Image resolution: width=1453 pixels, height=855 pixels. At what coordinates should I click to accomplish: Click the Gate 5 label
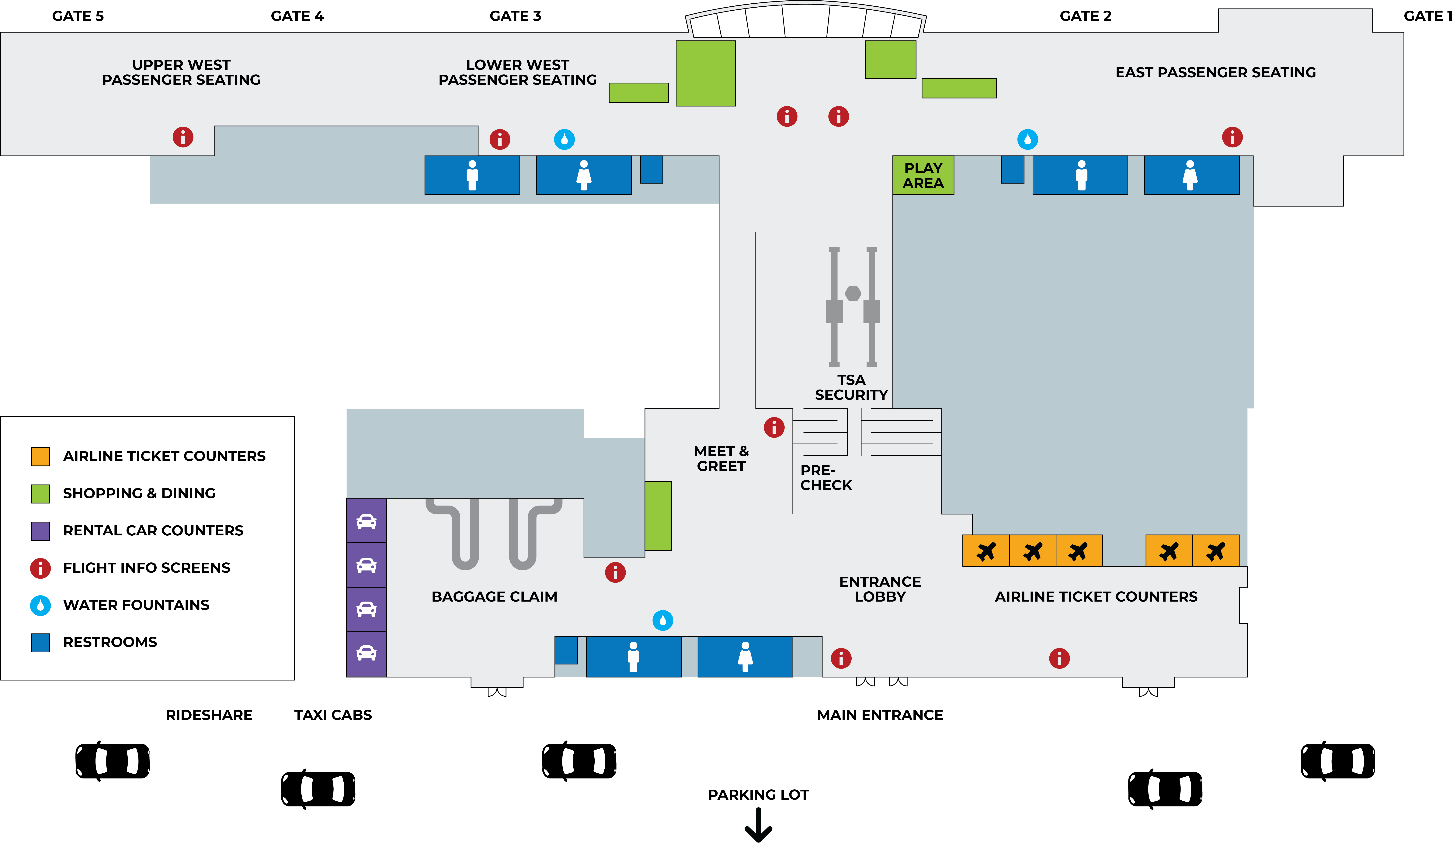78,16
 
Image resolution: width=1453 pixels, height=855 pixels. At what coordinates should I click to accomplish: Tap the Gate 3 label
516,16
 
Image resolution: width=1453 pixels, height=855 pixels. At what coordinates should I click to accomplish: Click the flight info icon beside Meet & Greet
774,427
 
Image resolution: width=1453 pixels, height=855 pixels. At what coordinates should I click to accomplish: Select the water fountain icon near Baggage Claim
662,620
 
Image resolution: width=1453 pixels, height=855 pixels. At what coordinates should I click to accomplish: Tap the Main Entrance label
880,715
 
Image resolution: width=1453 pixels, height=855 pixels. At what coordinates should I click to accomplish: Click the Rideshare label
209,715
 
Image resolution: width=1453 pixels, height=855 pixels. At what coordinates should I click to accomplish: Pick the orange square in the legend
40,456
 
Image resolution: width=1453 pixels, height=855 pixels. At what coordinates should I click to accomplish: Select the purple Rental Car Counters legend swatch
40,531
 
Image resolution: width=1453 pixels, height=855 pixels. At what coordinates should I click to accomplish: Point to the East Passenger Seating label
1215,73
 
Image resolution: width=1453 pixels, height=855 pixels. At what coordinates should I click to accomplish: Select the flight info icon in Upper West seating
183,137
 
